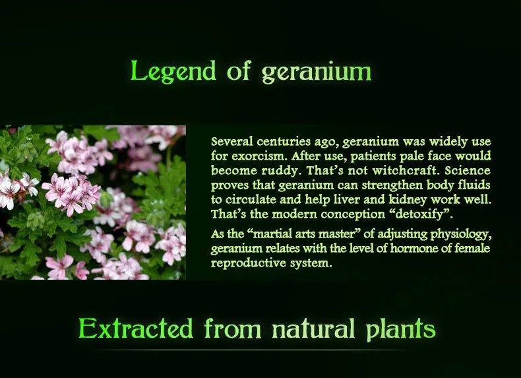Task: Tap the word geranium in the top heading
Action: pyautogui.click(x=317, y=72)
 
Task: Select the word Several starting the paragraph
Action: pyautogui.click(x=231, y=142)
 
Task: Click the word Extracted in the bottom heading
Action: pyautogui.click(x=136, y=329)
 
